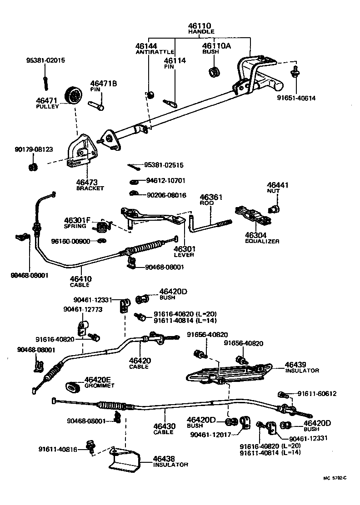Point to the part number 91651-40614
(296, 98)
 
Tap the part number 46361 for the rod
(211, 197)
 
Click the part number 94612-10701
(165, 180)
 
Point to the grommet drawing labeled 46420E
(73, 386)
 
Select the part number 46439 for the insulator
(296, 364)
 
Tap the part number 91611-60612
(317, 394)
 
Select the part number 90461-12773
(83, 309)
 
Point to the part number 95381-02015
(45, 60)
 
